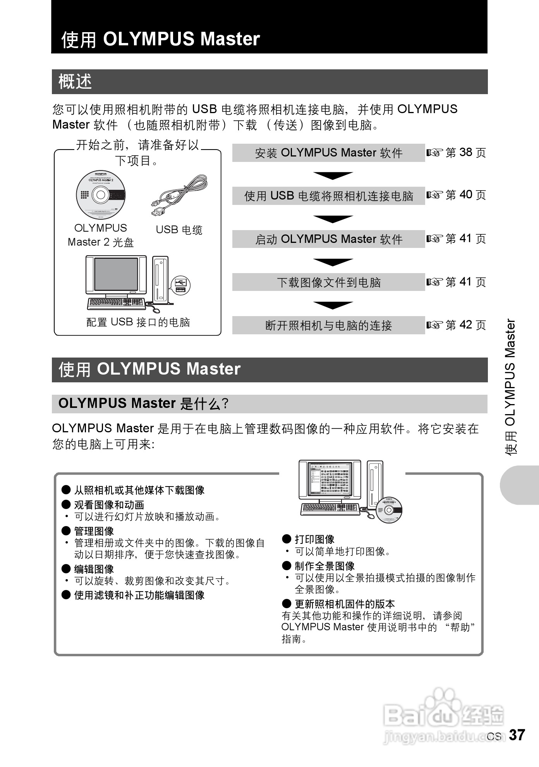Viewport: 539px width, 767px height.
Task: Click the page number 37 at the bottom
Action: [517, 734]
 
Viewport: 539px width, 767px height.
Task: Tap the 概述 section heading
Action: [75, 82]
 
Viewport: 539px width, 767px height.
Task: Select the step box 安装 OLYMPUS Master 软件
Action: [328, 153]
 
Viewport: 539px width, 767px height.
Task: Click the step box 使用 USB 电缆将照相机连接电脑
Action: [328, 196]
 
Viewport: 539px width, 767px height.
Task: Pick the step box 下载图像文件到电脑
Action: [328, 282]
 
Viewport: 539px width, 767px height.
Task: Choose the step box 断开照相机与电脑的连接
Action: [328, 325]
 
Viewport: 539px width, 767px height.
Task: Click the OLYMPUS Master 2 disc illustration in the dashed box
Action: [101, 194]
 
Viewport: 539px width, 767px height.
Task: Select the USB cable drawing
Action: [179, 195]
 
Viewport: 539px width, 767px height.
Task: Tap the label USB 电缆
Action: [179, 230]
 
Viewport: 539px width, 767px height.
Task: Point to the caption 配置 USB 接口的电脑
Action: [138, 322]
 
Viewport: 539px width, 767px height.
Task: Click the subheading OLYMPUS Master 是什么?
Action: [143, 404]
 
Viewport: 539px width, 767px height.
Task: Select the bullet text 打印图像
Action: [314, 539]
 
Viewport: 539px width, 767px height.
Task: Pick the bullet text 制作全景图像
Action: [324, 566]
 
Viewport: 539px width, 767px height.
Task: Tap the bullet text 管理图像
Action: [94, 531]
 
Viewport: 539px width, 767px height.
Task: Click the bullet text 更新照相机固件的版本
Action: [345, 604]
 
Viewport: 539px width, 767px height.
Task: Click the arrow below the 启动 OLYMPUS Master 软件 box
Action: [333, 262]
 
